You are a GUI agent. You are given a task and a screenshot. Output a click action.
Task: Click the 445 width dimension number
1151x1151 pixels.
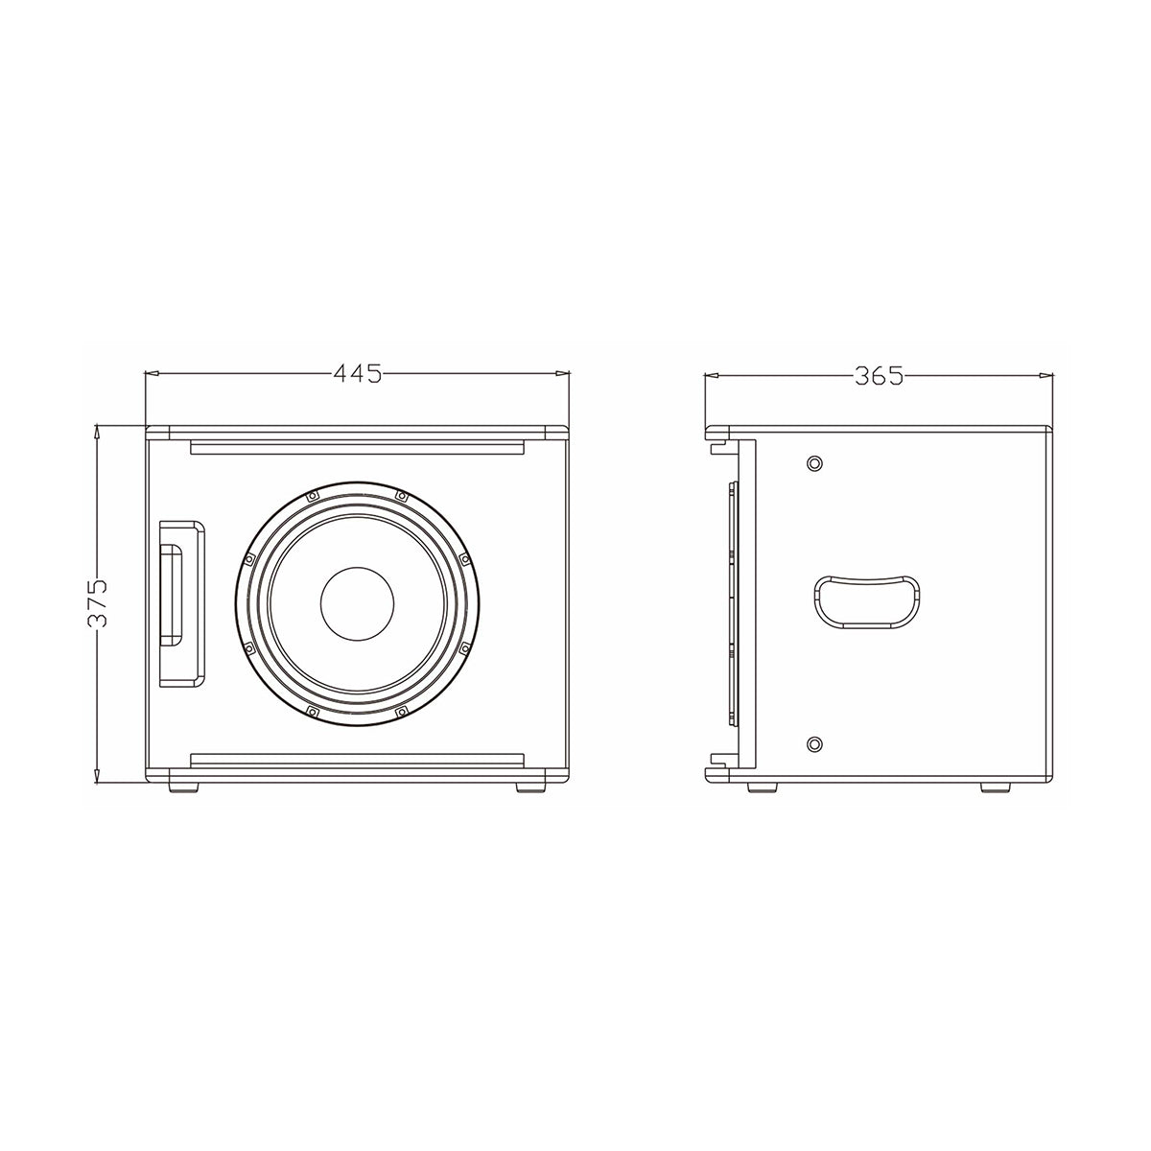[x=357, y=372]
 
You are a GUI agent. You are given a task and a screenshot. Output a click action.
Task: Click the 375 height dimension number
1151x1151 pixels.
[x=97, y=602]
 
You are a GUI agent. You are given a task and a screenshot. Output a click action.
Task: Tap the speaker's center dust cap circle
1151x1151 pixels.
[x=357, y=605]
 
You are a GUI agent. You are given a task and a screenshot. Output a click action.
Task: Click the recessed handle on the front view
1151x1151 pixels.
[x=180, y=604]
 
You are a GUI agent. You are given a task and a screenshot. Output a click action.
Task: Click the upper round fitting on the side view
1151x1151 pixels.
[x=814, y=464]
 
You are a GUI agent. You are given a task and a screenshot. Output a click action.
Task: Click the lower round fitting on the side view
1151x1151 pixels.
[x=814, y=743]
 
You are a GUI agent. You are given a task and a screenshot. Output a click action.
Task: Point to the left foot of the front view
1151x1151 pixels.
[x=184, y=787]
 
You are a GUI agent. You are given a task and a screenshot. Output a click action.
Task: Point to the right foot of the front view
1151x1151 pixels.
[x=529, y=787]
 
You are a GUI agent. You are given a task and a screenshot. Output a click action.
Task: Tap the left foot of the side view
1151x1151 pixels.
[x=763, y=787]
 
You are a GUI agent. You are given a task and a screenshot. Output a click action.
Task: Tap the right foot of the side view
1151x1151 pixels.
[x=996, y=787]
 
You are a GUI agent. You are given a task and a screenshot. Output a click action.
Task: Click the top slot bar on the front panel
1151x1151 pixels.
[x=357, y=448]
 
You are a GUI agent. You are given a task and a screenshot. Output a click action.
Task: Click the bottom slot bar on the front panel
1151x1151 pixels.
[x=357, y=761]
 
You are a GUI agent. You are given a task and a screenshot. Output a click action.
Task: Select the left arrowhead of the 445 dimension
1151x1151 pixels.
[x=152, y=372]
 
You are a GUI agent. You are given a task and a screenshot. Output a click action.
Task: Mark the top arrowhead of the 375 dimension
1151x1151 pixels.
[x=97, y=432]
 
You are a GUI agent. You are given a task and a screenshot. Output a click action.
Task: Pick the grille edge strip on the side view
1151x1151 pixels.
[x=734, y=602]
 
